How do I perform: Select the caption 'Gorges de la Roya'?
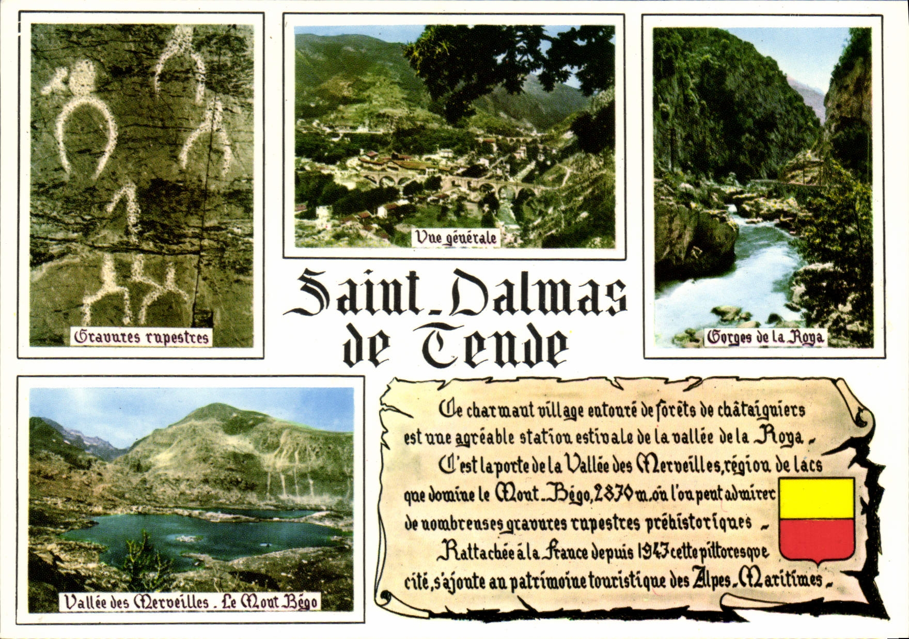[x=765, y=338]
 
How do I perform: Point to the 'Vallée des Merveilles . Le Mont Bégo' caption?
[x=191, y=602]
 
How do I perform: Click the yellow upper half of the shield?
[x=816, y=498]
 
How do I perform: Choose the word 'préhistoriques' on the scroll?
[x=699, y=523]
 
